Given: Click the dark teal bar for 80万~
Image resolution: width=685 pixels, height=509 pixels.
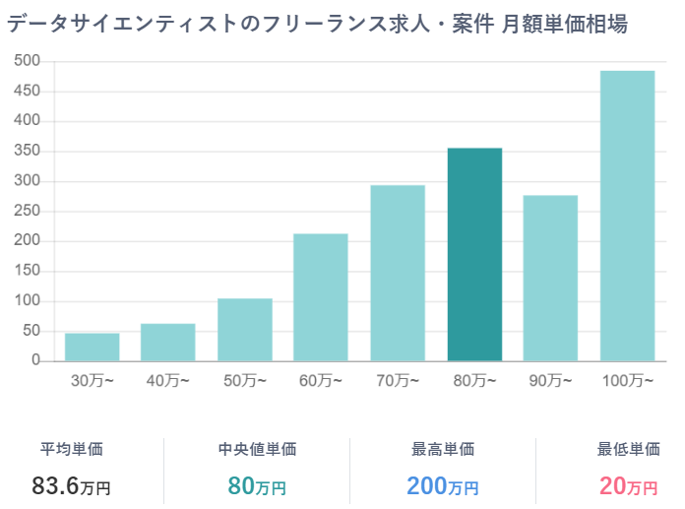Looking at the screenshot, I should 474,254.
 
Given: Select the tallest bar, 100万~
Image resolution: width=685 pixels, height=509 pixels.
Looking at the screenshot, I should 627,215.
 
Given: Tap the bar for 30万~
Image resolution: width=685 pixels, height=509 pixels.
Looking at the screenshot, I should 93,347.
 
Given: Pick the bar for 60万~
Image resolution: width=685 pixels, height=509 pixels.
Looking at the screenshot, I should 321,296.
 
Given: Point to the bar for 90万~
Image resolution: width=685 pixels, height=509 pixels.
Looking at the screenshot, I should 550,278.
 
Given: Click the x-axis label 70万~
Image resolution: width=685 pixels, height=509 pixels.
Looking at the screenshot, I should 398,381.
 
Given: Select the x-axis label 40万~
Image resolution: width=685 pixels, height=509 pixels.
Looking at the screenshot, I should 168,381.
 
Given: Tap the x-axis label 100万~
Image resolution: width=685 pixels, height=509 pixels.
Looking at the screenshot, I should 627,381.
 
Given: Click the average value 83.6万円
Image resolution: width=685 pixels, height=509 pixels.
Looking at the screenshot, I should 71,485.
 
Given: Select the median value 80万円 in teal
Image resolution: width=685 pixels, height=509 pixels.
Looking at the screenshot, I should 257,485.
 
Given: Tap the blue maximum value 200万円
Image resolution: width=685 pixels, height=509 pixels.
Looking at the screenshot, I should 443,485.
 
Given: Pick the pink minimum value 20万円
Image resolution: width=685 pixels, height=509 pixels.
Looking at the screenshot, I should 628,485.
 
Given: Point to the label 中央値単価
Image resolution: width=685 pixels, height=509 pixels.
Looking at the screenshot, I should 257,449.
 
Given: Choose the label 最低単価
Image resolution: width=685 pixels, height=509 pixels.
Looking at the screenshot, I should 628,449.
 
